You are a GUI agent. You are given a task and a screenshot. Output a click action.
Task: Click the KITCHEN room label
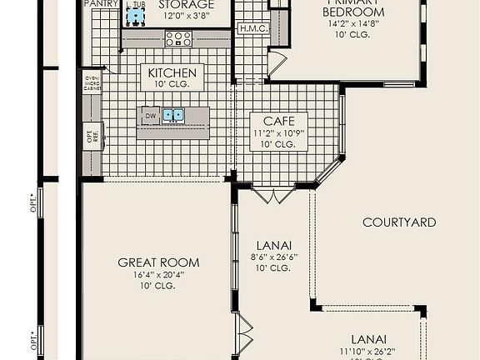pos(172,73)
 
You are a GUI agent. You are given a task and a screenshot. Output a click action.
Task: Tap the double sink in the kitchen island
pos(173,116)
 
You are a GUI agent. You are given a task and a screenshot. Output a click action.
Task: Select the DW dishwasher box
pos(151,116)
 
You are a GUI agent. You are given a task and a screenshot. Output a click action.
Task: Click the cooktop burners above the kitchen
pos(177,37)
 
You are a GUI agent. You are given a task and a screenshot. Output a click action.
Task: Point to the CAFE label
pos(274,121)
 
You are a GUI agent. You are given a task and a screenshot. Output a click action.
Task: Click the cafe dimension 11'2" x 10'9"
pos(274,132)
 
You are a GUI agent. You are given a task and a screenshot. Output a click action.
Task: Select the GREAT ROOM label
pos(158,262)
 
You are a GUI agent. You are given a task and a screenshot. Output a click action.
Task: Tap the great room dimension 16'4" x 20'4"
pos(158,274)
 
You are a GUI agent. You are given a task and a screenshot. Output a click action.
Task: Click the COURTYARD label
pos(399,222)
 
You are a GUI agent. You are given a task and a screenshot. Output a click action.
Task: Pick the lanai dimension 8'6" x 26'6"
pos(274,257)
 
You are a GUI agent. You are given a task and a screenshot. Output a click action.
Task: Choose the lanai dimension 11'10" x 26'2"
pos(367,352)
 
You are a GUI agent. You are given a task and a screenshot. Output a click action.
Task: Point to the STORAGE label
pos(186,5)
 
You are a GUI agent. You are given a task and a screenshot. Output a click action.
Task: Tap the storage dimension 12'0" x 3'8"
pos(186,16)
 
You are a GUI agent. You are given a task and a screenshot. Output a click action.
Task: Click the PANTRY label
pos(102,4)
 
